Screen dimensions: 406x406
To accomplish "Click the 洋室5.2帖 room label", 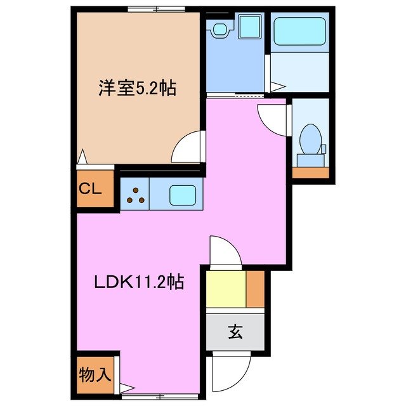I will click(137, 88).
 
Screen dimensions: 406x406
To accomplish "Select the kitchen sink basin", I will click(182, 193).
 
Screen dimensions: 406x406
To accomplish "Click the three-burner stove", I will click(134, 194).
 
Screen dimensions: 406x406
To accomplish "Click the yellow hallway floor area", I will click(226, 289).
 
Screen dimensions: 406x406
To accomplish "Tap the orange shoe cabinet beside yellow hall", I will click(256, 289).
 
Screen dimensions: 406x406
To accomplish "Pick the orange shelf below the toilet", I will click(310, 173).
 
